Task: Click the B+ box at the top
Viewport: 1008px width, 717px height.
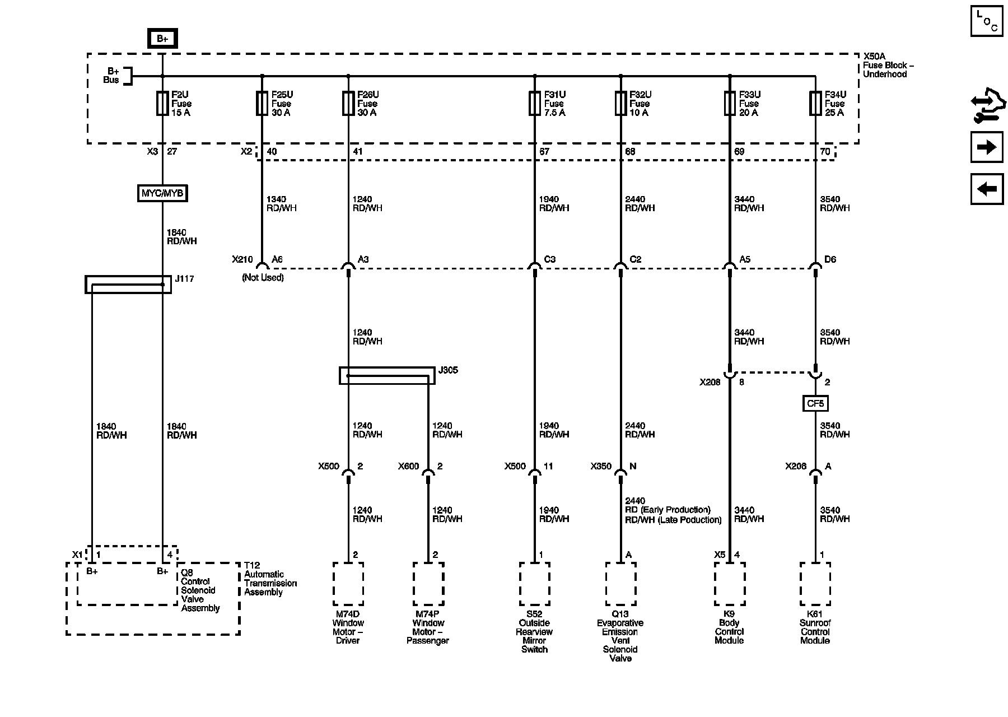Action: (162, 39)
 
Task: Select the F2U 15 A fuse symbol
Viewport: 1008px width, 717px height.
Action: (162, 104)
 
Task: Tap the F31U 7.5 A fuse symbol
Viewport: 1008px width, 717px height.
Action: (535, 104)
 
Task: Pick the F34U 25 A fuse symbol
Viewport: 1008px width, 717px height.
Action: (815, 104)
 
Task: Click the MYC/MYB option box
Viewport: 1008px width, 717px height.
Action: (162, 193)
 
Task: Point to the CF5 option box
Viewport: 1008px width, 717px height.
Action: (815, 403)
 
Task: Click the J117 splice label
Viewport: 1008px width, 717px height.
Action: (184, 278)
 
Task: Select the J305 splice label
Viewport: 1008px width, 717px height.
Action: (448, 370)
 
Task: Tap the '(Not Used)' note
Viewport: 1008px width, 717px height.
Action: (263, 277)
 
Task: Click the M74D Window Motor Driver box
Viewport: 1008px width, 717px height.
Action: (348, 584)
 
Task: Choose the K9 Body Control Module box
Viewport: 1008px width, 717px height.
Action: (729, 584)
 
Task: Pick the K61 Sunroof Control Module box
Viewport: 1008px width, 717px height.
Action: (815, 584)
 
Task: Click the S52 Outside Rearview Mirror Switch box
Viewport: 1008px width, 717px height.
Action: (535, 584)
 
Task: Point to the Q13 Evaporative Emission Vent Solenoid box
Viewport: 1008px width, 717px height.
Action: (620, 584)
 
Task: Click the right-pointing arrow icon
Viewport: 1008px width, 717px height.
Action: (986, 147)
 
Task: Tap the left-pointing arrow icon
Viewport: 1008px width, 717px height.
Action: (986, 189)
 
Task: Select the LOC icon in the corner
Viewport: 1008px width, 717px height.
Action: (986, 21)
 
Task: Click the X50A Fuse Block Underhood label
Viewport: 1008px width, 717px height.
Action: (888, 65)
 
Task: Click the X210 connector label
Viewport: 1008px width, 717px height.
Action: (242, 259)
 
